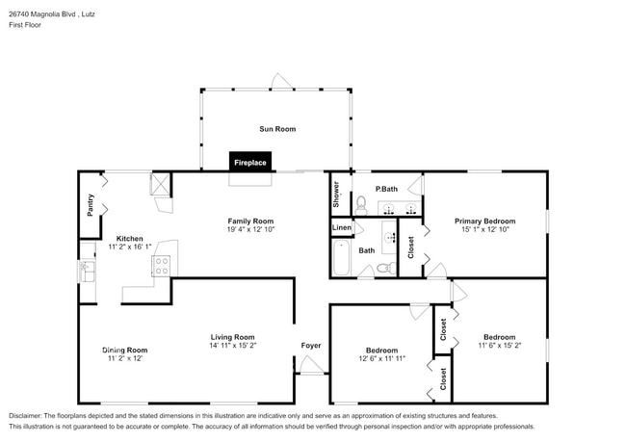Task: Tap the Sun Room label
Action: click(276, 128)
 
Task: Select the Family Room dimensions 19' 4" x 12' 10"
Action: click(250, 229)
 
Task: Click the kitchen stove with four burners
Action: click(161, 266)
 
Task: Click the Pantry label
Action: click(91, 205)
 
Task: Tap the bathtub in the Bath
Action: click(341, 258)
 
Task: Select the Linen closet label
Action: click(342, 227)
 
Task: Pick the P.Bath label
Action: click(387, 189)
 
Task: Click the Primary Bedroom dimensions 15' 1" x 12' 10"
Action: click(484, 229)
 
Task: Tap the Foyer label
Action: click(311, 344)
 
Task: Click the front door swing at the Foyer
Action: click(309, 364)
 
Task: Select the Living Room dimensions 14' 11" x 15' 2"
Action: click(233, 345)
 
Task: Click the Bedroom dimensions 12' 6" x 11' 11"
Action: click(380, 358)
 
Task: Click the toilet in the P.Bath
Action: click(361, 203)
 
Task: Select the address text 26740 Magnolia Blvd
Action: click(47, 14)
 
